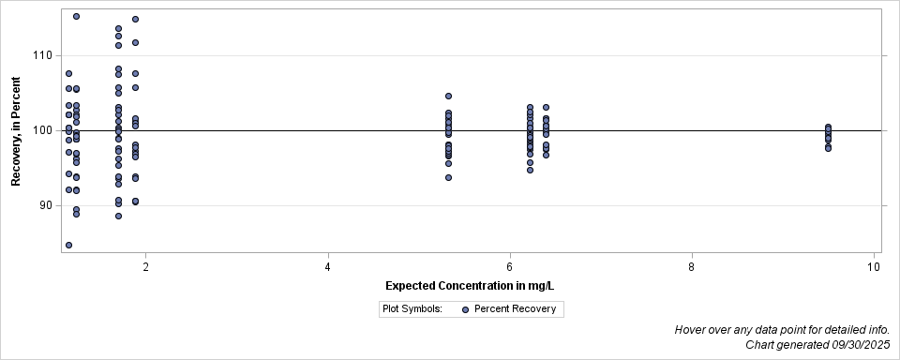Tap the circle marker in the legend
pos(465,308)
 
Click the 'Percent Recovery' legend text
pos(515,308)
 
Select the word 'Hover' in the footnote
pos(692,330)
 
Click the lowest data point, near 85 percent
pos(68,245)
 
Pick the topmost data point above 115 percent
pos(76,16)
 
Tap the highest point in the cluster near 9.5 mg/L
pos(828,127)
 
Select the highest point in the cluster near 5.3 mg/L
pos(448,96)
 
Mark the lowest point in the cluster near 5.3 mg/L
pos(448,177)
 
